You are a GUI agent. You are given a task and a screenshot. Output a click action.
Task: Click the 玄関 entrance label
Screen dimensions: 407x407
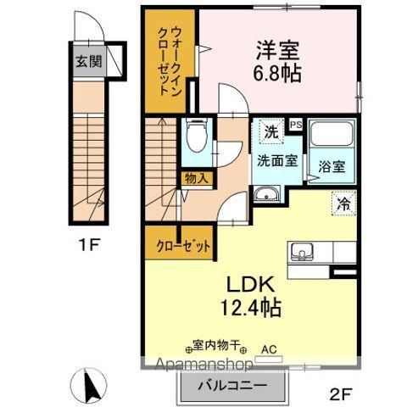tap(86, 63)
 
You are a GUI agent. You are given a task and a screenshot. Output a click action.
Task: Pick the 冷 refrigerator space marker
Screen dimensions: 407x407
tap(343, 203)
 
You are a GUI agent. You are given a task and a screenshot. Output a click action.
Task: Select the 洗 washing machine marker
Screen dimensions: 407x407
tap(269, 132)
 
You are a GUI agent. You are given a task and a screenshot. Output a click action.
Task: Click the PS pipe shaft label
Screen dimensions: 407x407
tap(295, 124)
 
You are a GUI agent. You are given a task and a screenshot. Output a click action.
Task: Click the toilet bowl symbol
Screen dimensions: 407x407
tap(194, 134)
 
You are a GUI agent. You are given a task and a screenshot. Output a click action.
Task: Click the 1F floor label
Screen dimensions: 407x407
tap(90, 247)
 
